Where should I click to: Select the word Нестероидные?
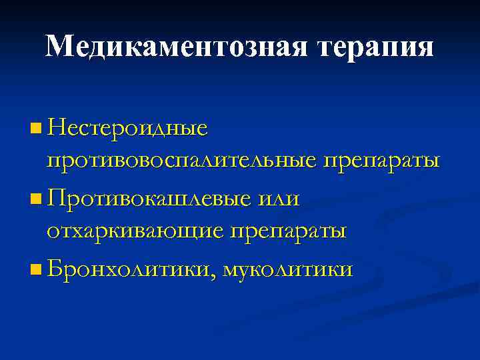point(127,126)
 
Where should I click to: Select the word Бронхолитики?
point(131,269)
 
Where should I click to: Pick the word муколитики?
point(288,270)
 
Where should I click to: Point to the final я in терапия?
point(424,47)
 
